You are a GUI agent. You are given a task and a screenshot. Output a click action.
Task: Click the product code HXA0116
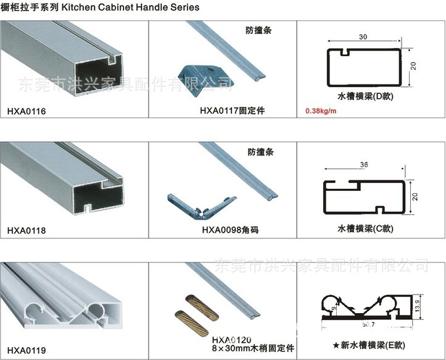pos(27,112)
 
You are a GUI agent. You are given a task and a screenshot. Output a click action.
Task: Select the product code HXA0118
pos(27,231)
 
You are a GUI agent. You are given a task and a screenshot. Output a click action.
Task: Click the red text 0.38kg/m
pos(321,112)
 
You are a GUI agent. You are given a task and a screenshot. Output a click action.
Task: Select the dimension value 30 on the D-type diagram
pos(363,38)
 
